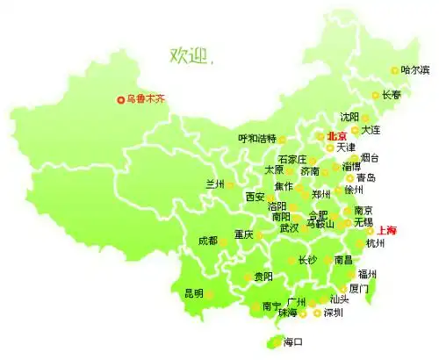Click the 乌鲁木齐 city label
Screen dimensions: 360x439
point(147,99)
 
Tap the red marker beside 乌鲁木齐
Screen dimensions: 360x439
point(120,99)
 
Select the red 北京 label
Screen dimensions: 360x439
point(337,136)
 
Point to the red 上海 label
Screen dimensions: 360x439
point(386,230)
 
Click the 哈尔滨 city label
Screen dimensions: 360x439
point(415,70)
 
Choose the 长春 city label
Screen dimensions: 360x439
point(392,95)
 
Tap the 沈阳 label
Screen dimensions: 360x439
point(349,117)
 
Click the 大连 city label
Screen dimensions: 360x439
point(371,130)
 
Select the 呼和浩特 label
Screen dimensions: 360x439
point(256,139)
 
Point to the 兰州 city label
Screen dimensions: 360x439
point(215,184)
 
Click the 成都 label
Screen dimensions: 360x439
point(208,240)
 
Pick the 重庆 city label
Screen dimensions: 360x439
point(243,234)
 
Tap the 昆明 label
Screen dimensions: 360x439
point(193,292)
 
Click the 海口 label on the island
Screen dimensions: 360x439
point(293,343)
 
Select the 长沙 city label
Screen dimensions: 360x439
point(307,260)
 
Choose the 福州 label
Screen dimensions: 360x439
point(368,274)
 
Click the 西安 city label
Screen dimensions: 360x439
point(255,196)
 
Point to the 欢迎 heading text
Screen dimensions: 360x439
point(191,56)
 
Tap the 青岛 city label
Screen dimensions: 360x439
point(365,177)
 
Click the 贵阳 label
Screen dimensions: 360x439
point(263,277)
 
